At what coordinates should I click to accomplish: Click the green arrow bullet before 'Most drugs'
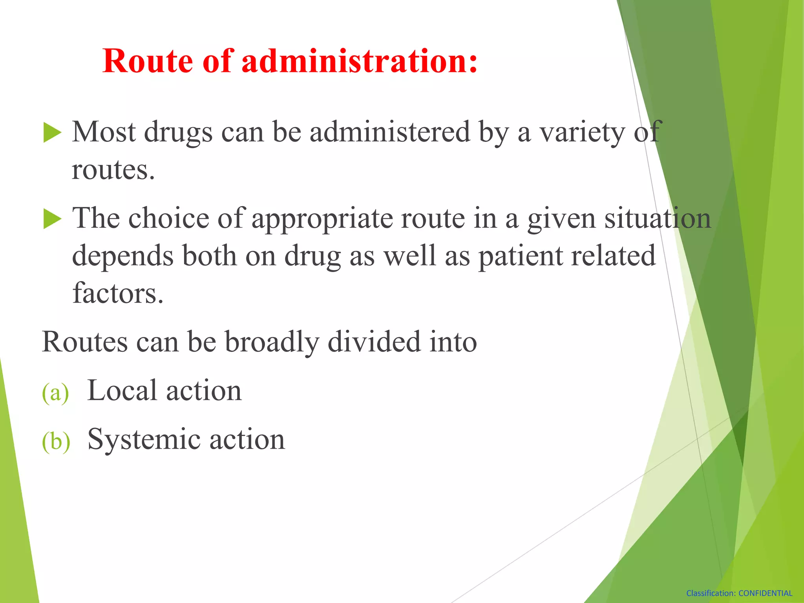[52, 132]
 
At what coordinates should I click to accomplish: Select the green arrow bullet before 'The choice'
[52, 219]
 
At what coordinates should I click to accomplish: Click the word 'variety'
[583, 133]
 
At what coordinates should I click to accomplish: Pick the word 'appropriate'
[322, 219]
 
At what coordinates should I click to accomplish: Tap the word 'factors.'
[118, 293]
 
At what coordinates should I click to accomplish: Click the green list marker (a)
[55, 392]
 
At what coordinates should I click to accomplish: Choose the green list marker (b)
[56, 441]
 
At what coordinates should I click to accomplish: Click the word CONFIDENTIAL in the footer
[765, 593]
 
